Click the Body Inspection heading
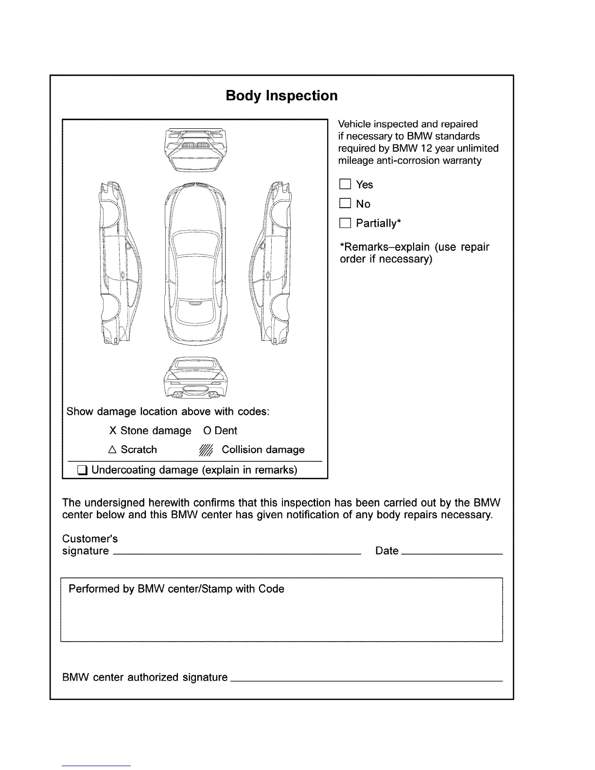[281, 96]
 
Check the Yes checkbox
[345, 184]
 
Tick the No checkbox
[345, 204]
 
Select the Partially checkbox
[345, 223]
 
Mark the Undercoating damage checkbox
[83, 470]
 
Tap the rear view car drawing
[195, 378]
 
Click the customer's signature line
[237, 553]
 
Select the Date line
[453, 553]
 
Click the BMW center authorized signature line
[366, 681]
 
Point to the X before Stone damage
[113, 431]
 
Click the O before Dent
[207, 431]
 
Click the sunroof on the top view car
[195, 312]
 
